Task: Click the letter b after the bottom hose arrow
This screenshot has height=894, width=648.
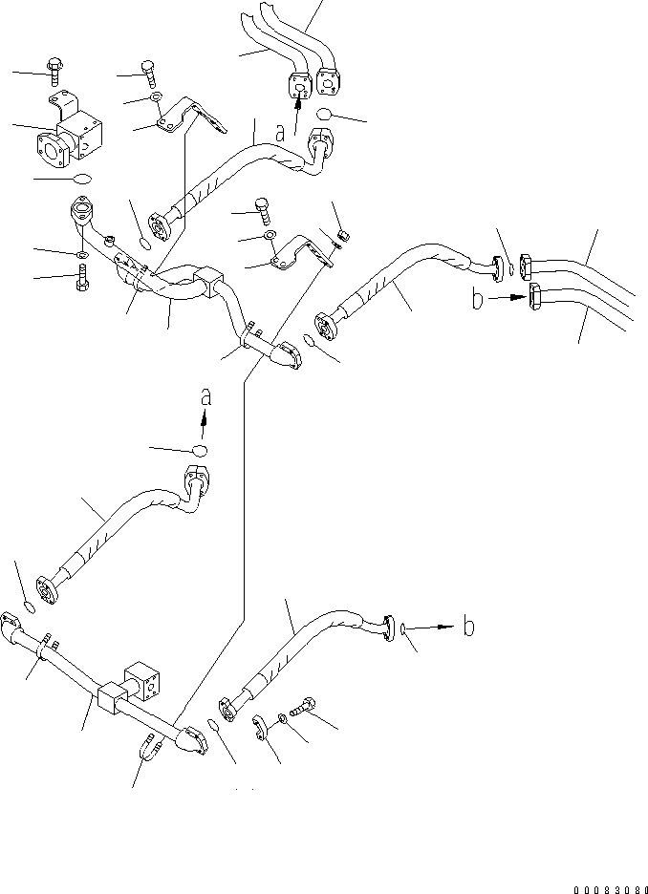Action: [x=468, y=628]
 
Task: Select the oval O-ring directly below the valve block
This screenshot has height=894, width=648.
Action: [x=82, y=178]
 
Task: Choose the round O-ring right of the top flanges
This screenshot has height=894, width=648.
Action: [x=326, y=115]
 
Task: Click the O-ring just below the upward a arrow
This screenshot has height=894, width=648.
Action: [x=200, y=451]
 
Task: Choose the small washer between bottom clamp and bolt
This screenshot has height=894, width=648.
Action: [x=284, y=717]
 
